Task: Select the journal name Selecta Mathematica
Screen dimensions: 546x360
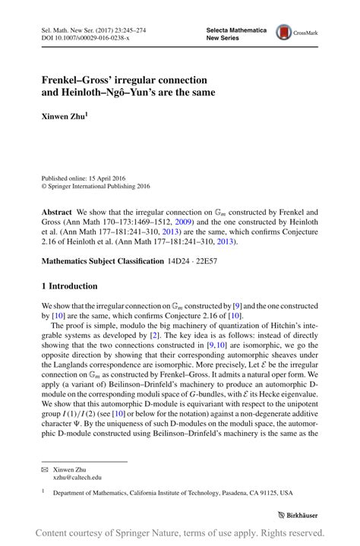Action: click(236, 29)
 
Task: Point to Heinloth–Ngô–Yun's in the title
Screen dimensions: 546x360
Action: click(109, 93)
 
